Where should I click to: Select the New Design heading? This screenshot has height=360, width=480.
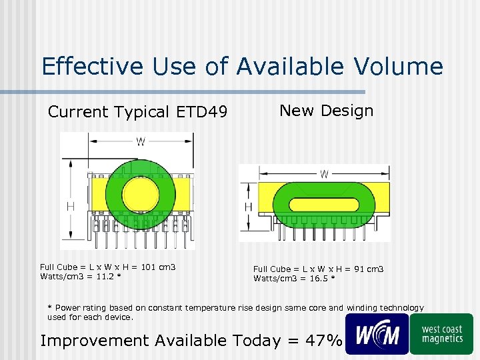point(326,111)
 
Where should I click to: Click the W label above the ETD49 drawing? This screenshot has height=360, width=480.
point(141,141)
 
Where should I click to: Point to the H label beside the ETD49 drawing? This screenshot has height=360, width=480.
point(70,207)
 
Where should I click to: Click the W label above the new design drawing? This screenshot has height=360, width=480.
point(324,174)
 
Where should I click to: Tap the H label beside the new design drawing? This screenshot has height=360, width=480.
point(249,207)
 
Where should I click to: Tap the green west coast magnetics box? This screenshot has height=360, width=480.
point(441,333)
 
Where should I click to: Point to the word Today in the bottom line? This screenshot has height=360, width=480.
point(257,341)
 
